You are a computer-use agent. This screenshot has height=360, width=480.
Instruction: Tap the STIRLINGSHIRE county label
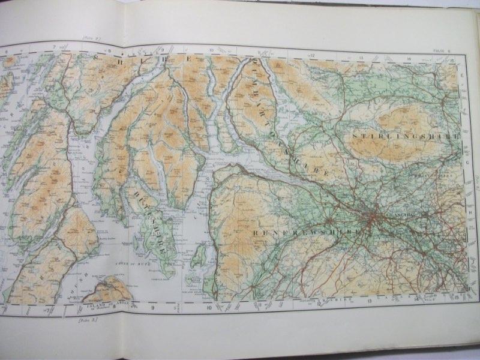coord(406,137)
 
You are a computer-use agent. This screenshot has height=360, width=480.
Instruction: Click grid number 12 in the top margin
coord(313,55)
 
